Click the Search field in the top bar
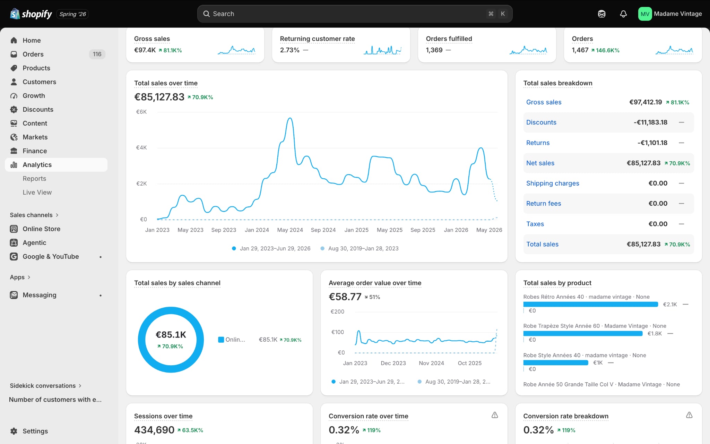pos(355,14)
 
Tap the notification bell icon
pos(623,14)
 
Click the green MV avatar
pos(645,14)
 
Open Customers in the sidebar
pos(39,82)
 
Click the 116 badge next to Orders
pos(97,54)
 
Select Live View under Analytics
pos(37,192)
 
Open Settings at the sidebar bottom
pos(35,431)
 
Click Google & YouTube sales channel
pos(51,257)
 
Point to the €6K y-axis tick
pos(141,112)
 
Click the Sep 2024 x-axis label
pos(323,230)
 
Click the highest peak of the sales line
pos(290,118)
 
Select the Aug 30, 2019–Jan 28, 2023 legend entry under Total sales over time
pos(363,248)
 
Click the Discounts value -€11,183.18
pos(650,122)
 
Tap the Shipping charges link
pos(553,183)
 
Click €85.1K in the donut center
pos(171,335)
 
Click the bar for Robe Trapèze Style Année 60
pos(583,334)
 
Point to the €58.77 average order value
pos(345,297)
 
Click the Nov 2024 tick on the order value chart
pos(431,363)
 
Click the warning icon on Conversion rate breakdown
pos(689,415)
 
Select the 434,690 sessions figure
pos(154,430)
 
